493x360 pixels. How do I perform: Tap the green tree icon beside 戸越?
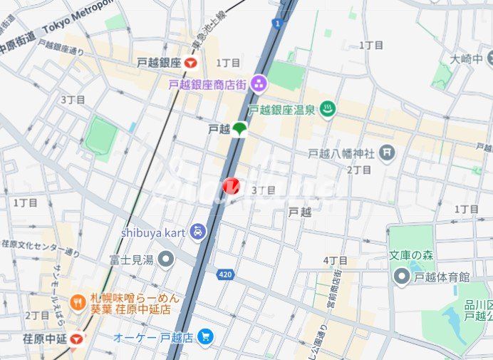(239, 129)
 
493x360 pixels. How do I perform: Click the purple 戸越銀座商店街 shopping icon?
(258, 84)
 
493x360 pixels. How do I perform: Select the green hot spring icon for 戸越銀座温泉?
(328, 109)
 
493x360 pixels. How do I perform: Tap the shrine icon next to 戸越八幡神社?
(387, 152)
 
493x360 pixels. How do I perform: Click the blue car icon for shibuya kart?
(197, 232)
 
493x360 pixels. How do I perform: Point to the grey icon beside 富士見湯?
(165, 259)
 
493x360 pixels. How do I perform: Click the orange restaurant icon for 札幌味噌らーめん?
(78, 303)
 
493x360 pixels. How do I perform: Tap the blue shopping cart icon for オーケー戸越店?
(205, 335)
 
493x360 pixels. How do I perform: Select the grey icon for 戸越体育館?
(402, 277)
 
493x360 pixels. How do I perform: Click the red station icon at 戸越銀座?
(190, 63)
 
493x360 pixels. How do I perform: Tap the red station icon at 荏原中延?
(77, 339)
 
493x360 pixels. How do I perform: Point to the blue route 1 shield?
(276, 24)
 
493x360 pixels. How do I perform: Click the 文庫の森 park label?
(412, 254)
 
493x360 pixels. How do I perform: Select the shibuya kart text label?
(153, 232)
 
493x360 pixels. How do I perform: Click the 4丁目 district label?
(335, 261)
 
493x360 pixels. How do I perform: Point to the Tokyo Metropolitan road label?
(78, 18)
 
